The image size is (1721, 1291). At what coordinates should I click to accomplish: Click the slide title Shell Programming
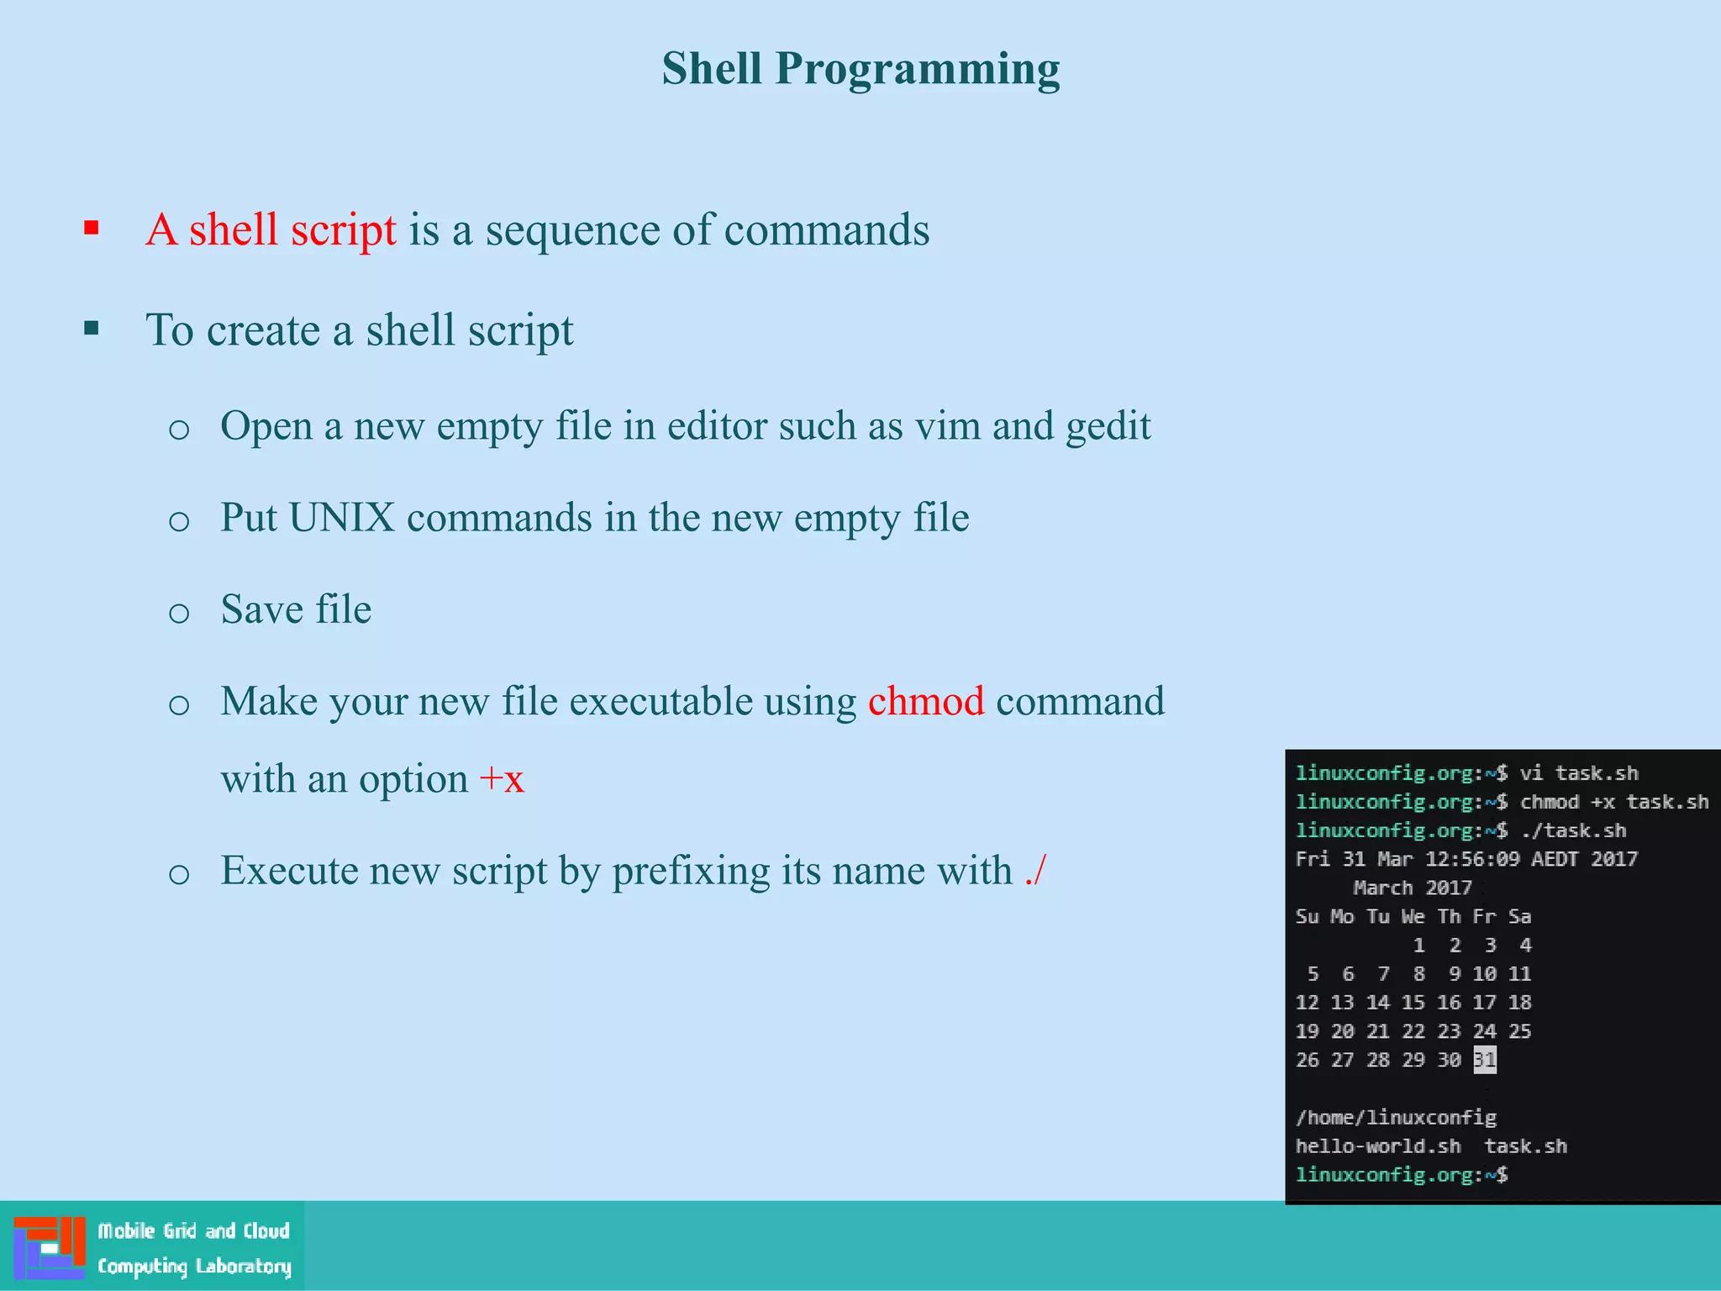(860, 69)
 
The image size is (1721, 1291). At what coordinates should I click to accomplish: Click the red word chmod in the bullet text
(925, 701)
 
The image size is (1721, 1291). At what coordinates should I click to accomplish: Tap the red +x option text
(502, 779)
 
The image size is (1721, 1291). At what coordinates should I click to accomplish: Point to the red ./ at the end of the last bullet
(1035, 870)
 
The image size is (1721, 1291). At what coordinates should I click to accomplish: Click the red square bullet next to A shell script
(92, 228)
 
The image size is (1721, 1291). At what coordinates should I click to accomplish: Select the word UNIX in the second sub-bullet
(341, 518)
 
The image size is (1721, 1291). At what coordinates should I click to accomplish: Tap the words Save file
(296, 609)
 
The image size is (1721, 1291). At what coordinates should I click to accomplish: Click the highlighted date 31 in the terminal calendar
(1484, 1060)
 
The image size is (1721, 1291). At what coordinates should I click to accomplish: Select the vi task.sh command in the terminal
(1579, 773)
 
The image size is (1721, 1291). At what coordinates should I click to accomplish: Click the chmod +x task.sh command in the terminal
(1613, 802)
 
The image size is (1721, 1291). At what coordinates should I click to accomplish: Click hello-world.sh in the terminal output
(1377, 1146)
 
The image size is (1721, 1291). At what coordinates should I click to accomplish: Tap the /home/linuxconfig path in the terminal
(1395, 1118)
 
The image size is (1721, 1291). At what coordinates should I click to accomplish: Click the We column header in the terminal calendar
(1413, 916)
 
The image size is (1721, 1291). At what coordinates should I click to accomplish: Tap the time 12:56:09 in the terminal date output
(1471, 859)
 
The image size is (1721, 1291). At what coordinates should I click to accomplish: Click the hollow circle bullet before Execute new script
(179, 874)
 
